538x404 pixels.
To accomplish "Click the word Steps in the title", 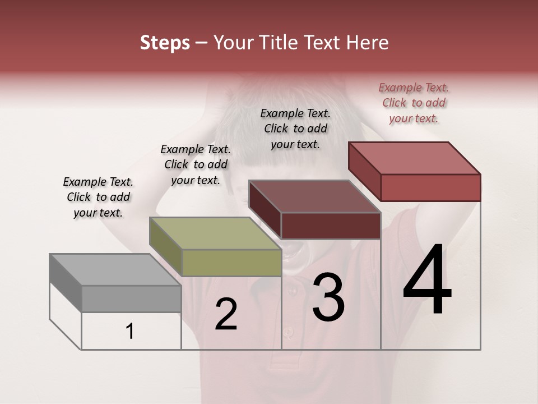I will [165, 43].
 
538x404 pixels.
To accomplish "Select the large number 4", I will [427, 281].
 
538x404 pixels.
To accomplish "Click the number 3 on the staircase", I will [328, 297].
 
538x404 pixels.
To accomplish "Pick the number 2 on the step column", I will [226, 314].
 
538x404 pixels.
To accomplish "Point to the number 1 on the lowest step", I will [130, 332].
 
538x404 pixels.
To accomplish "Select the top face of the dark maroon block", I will [314, 196].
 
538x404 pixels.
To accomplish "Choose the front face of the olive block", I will [232, 263].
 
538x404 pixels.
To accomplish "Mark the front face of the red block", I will [430, 187].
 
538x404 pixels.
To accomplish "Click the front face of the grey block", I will [132, 299].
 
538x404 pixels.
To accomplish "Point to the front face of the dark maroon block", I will [331, 226].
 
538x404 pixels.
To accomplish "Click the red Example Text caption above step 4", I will [414, 103].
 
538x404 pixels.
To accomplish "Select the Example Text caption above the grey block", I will [98, 197].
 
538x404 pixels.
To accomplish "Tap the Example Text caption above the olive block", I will [196, 164].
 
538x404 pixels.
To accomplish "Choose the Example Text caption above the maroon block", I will [295, 128].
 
